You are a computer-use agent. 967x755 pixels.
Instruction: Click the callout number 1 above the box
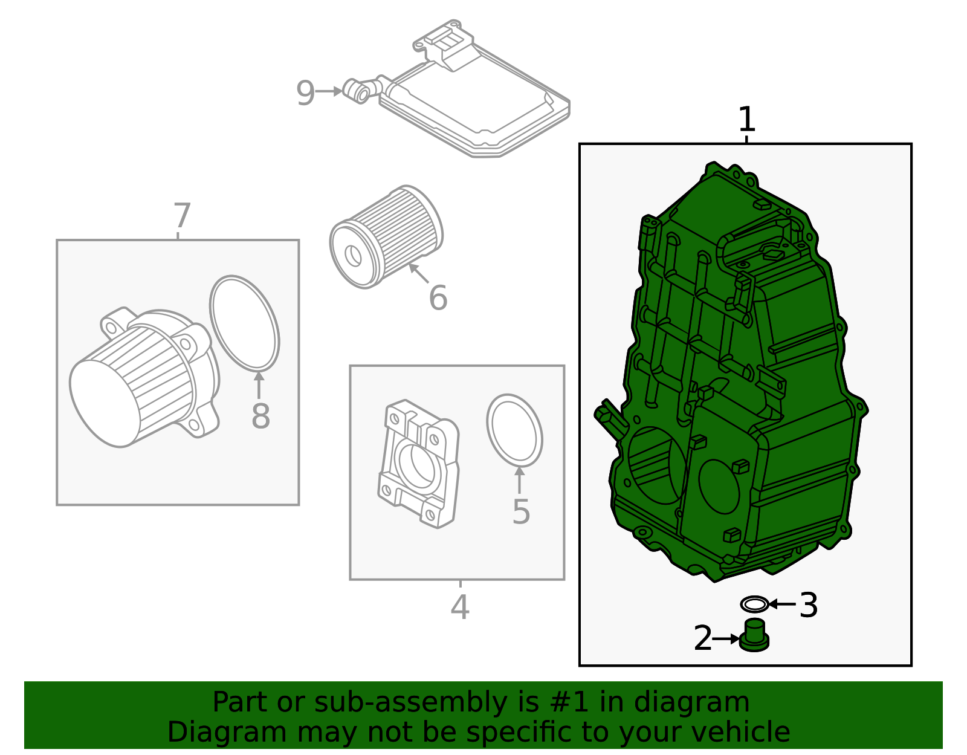coord(747,119)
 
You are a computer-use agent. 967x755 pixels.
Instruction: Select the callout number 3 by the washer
coord(808,605)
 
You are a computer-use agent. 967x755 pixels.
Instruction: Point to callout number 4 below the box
coord(460,608)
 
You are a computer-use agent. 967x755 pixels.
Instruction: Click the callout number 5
coord(521,511)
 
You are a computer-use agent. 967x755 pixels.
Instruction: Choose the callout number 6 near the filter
coord(438,297)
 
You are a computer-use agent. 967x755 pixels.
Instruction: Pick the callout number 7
coord(182,215)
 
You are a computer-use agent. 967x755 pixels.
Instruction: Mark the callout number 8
coord(260,416)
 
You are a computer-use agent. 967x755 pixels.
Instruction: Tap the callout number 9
coord(305,93)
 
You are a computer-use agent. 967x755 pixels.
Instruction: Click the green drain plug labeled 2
coord(754,636)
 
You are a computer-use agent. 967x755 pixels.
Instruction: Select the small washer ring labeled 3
coord(755,604)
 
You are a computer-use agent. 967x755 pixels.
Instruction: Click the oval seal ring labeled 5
coord(514,430)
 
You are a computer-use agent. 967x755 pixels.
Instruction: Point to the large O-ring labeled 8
coord(244,323)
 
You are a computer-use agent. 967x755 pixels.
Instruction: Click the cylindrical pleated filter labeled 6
coord(386,237)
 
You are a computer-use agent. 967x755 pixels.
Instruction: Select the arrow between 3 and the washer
coord(782,604)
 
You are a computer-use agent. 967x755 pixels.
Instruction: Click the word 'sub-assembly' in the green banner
coord(410,702)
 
